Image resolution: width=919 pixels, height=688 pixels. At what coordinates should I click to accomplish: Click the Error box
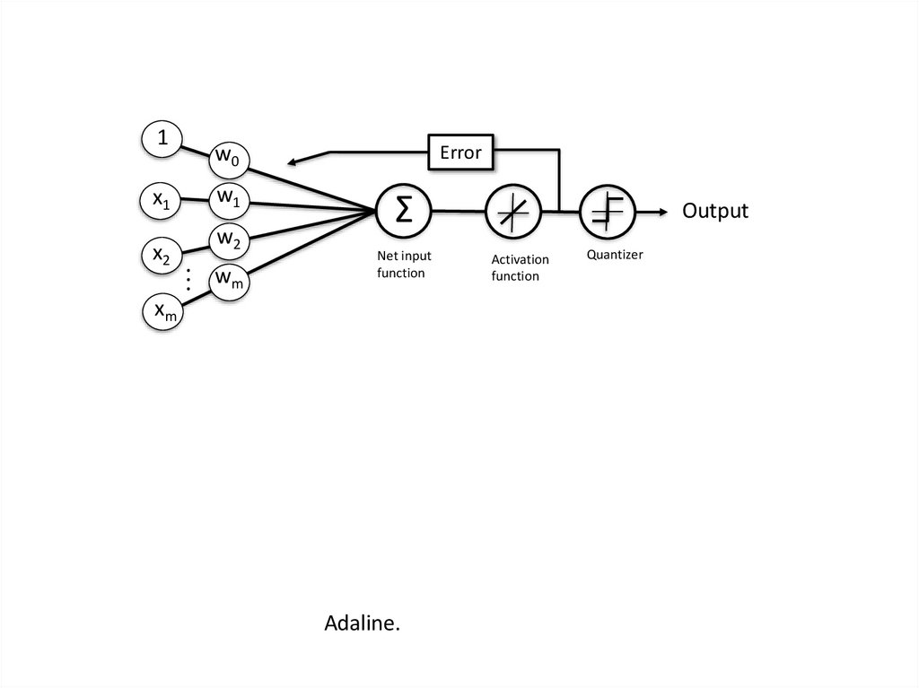click(x=460, y=152)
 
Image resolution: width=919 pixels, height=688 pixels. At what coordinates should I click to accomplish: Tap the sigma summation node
click(x=404, y=211)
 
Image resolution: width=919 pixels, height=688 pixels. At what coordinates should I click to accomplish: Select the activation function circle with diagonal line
click(x=512, y=212)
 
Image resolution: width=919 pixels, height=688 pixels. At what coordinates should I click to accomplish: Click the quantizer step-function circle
click(x=607, y=212)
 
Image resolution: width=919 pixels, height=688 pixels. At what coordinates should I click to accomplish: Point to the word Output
click(x=714, y=211)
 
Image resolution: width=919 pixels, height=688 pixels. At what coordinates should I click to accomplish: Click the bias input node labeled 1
click(x=162, y=138)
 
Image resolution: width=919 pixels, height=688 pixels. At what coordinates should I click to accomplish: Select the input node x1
click(x=162, y=200)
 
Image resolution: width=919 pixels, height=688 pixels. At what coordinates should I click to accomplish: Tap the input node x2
click(x=162, y=256)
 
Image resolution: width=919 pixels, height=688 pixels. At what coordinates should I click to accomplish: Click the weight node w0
click(x=227, y=159)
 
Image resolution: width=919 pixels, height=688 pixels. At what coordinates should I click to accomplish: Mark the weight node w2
click(x=228, y=239)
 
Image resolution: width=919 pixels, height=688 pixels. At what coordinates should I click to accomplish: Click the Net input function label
click(x=404, y=264)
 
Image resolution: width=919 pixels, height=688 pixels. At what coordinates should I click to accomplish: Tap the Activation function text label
click(x=520, y=267)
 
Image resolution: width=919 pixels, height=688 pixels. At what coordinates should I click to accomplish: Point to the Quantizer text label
click(x=615, y=255)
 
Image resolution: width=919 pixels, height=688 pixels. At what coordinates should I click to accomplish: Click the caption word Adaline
click(x=362, y=623)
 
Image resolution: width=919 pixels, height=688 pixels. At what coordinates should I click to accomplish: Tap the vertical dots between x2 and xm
click(x=188, y=278)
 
